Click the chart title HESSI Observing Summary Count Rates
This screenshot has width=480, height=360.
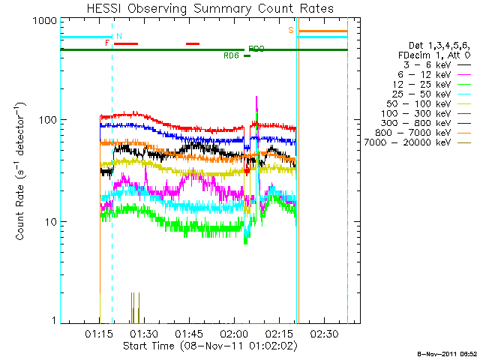pos(205,8)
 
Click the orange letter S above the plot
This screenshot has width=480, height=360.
pos(291,29)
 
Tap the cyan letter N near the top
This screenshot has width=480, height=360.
pos(118,35)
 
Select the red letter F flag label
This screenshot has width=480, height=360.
pos(107,43)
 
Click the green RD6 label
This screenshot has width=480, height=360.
pos(230,55)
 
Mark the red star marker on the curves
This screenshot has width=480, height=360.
pos(247,172)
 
